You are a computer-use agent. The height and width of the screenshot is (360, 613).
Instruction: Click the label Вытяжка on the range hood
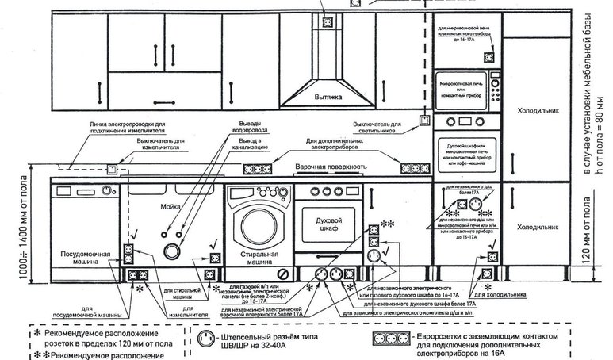tap(325, 98)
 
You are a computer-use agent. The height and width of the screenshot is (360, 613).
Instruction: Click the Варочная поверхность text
tap(331, 168)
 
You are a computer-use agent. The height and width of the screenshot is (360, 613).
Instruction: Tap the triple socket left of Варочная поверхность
tap(258, 168)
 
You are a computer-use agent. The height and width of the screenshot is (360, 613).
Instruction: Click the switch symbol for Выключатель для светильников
tap(423, 121)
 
